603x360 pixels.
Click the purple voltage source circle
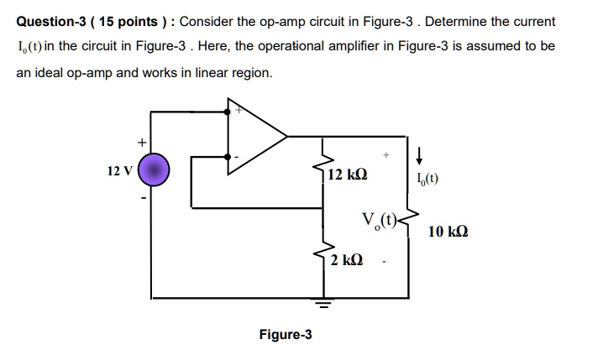click(x=155, y=172)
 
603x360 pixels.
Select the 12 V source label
click(x=119, y=172)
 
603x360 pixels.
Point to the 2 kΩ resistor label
click(x=347, y=260)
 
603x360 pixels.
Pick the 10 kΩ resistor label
click(x=448, y=231)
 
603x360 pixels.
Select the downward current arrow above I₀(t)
click(x=420, y=154)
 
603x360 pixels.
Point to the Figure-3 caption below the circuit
click(x=286, y=335)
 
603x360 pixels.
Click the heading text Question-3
click(x=53, y=20)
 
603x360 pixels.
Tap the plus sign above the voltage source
click(x=142, y=142)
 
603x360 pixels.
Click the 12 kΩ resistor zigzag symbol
click(x=322, y=171)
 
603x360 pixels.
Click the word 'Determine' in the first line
click(x=460, y=20)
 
